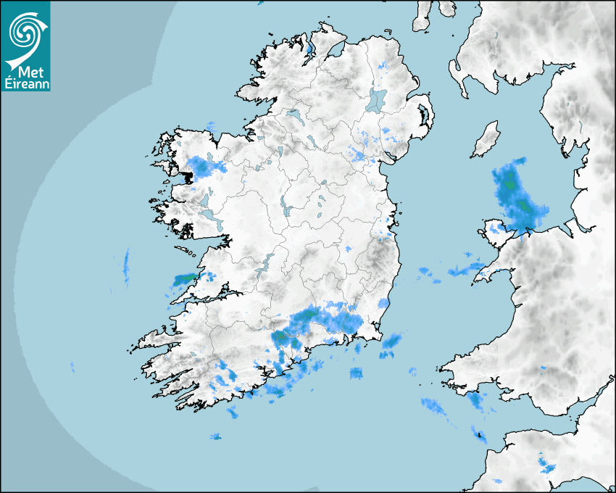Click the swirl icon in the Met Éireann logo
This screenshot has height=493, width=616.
tap(25, 30)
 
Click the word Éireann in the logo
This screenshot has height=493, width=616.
tap(26, 83)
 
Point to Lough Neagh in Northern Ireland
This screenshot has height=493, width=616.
tap(376, 99)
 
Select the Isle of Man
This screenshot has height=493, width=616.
tap(486, 140)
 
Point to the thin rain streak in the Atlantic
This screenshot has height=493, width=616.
tap(126, 267)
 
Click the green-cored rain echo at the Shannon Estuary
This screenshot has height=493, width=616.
tap(185, 278)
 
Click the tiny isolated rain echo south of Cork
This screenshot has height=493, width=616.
tap(215, 436)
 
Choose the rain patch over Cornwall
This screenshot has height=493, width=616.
tap(545, 464)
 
